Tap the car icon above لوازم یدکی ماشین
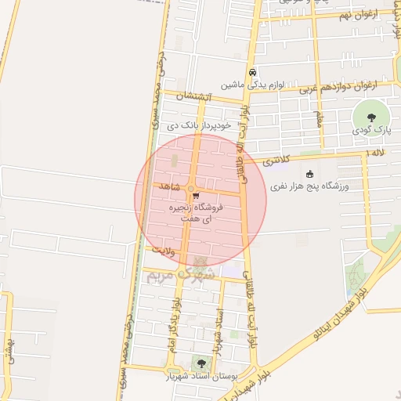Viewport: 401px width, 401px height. pyautogui.click(x=252, y=73)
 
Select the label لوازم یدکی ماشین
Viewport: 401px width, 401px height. pyautogui.click(x=251, y=84)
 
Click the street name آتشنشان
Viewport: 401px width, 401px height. pyautogui.click(x=193, y=96)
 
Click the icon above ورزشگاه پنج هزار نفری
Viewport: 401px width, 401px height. pyautogui.click(x=310, y=174)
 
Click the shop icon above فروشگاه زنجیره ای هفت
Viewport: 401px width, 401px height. pyautogui.click(x=196, y=197)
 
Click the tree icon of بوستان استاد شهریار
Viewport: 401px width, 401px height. pyautogui.click(x=201, y=363)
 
